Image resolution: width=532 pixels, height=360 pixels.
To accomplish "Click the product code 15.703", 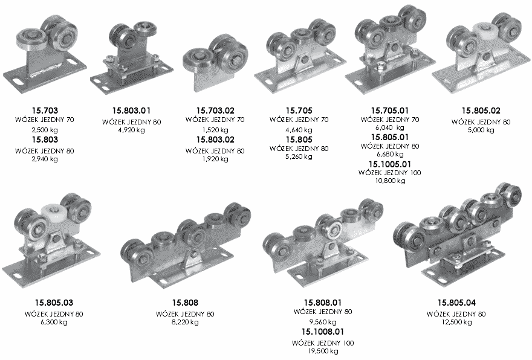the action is coord(45,111).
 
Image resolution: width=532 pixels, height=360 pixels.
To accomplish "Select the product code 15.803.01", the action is coord(131,111).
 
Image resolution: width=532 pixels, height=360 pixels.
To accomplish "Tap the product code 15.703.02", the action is coord(215,111).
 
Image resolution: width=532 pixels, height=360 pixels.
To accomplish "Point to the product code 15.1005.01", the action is coord(390,164).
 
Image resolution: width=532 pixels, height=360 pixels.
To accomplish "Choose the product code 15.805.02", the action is coord(481,111).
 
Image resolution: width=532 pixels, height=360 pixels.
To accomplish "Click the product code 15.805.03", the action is coord(54,303).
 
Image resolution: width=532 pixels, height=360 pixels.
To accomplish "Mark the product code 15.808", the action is coord(185,303).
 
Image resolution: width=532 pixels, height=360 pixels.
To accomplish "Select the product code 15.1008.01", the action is coord(323,332).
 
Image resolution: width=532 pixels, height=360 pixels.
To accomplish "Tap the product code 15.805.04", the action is coord(456,303).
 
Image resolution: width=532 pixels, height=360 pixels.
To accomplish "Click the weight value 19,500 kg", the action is coord(323,351).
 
